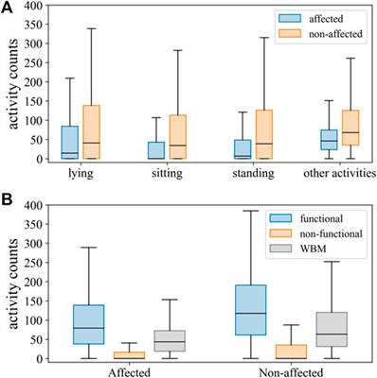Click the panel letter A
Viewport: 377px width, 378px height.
click(x=8, y=9)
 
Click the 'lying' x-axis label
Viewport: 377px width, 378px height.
click(x=81, y=174)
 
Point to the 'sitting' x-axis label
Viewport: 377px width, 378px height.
click(x=167, y=174)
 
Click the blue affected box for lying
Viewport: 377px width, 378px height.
click(x=69, y=142)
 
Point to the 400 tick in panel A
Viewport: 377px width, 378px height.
click(x=35, y=4)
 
